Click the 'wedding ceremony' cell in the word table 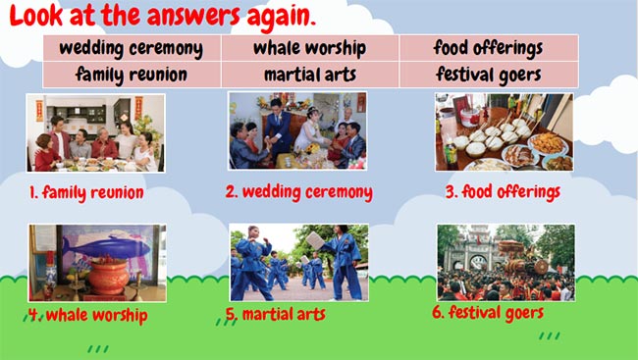point(132,48)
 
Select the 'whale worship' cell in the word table point(309,48)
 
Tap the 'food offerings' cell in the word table point(488,48)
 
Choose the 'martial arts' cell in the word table point(309,74)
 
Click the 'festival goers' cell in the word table point(488,74)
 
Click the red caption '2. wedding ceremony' point(298,191)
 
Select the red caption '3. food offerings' point(502,191)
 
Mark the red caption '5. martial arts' point(276,315)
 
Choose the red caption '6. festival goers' point(487,313)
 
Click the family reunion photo point(95,133)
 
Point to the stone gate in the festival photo point(478,257)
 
